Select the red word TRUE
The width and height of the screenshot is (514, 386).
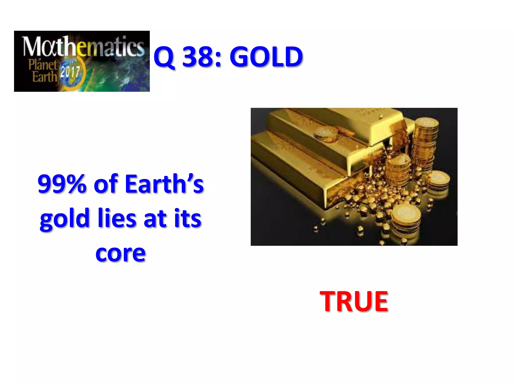tap(354, 301)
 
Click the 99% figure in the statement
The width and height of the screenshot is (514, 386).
tap(62, 184)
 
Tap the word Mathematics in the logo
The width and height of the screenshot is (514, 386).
tap(83, 46)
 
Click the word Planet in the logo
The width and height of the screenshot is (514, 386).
tap(43, 65)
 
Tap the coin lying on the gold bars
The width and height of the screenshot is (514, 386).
tap(326, 134)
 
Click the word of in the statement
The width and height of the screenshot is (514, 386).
tap(105, 184)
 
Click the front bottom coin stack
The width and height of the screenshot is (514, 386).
tap(406, 220)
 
